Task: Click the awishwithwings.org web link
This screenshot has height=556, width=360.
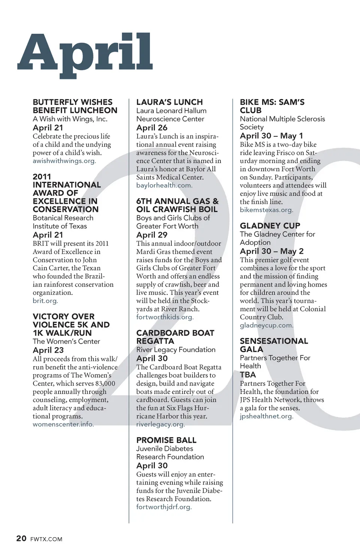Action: click(x=64, y=161)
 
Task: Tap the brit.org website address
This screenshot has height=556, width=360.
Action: click(x=45, y=301)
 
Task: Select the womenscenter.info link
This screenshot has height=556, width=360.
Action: click(x=63, y=424)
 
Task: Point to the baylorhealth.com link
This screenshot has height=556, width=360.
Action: click(x=164, y=185)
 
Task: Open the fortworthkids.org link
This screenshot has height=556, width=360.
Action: click(x=165, y=317)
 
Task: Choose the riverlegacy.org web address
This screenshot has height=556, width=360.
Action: click(x=160, y=424)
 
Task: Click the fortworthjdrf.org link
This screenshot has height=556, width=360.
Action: click(x=164, y=507)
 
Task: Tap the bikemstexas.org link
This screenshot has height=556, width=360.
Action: click(x=266, y=210)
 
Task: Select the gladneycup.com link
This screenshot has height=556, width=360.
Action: click(x=266, y=325)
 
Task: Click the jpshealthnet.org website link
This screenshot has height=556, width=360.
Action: click(x=266, y=416)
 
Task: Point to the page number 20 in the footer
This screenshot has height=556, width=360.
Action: click(x=21, y=539)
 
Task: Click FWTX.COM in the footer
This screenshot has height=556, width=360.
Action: click(x=46, y=540)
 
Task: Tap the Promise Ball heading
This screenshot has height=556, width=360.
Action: click(x=166, y=440)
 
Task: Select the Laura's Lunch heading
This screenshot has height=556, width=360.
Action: click(x=169, y=102)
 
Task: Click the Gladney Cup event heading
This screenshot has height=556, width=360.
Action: click(x=270, y=226)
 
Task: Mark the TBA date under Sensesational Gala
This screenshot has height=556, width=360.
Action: click(x=248, y=375)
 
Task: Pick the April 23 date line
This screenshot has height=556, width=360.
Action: click(x=48, y=350)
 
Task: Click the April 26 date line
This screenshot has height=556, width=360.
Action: click(x=152, y=127)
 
